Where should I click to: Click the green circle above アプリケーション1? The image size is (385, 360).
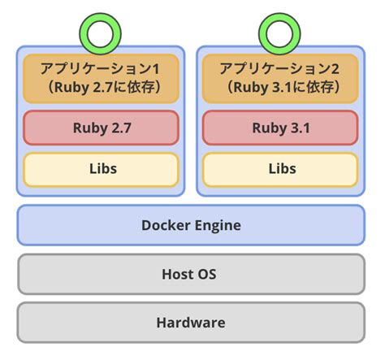101,34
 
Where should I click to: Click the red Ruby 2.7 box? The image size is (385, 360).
101,128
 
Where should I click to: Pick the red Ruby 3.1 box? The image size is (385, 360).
280,128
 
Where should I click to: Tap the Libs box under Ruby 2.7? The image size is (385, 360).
101,169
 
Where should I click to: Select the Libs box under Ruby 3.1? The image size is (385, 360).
280,169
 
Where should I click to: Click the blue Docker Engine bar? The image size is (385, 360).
191,225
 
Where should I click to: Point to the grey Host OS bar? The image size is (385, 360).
191,275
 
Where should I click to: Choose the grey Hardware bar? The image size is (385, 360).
191,323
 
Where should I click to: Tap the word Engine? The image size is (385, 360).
218,226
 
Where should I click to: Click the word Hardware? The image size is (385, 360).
191,323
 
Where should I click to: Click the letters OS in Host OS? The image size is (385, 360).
209,275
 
